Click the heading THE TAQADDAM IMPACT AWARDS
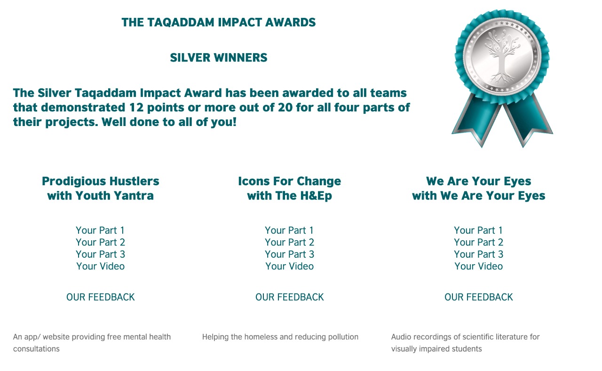point(219,23)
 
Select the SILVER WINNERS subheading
point(219,58)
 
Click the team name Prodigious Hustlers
point(101,182)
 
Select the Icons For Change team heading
point(289,182)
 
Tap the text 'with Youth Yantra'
point(101,196)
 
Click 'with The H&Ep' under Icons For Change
point(289,196)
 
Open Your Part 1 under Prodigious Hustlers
point(100,230)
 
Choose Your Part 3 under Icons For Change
point(289,254)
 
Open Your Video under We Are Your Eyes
point(479,266)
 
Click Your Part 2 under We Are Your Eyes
point(479,242)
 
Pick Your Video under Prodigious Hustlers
point(101,266)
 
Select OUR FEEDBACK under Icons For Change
point(289,297)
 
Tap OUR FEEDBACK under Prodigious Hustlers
point(101,297)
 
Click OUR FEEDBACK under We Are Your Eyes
point(479,297)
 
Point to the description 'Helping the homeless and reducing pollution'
point(280,337)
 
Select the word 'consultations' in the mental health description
point(36,349)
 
